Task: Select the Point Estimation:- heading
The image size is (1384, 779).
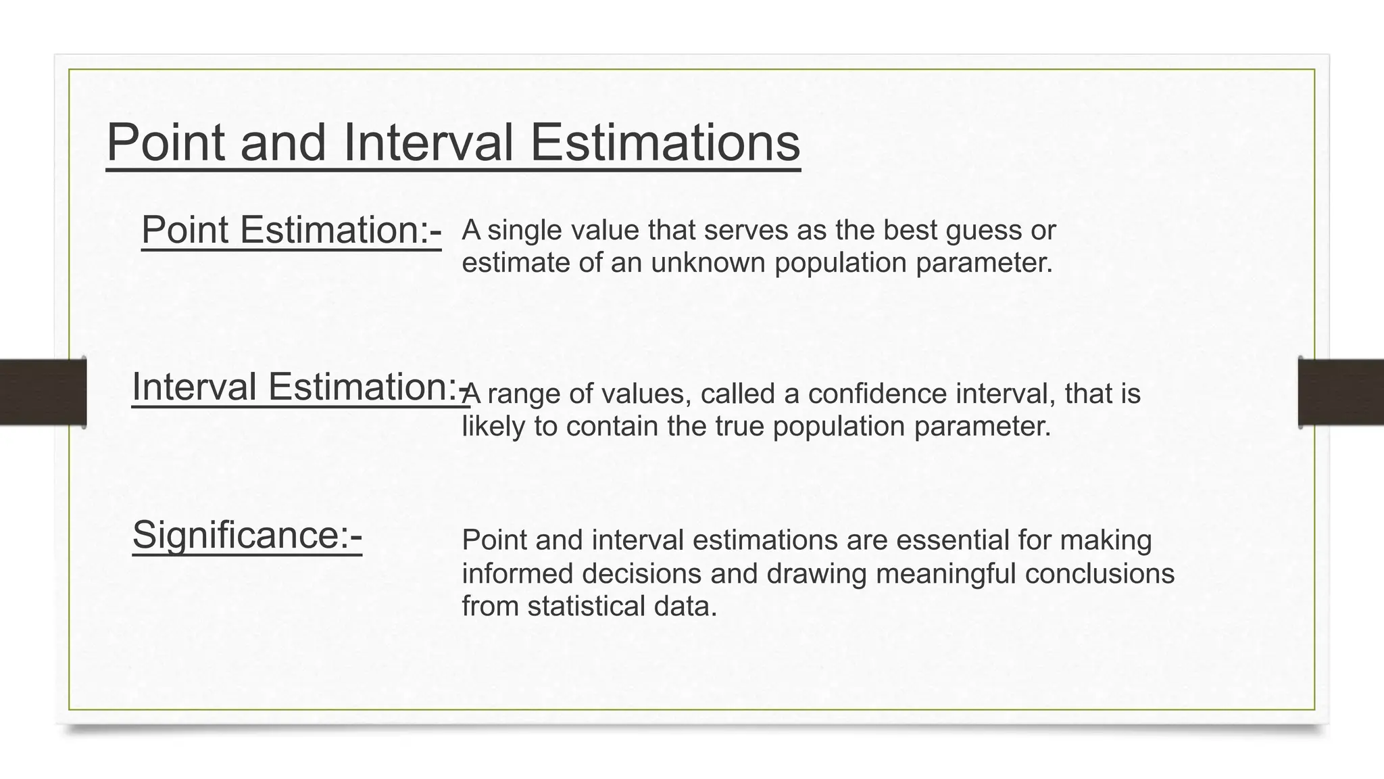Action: [x=291, y=230]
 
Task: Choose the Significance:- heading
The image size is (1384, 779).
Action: [x=247, y=535]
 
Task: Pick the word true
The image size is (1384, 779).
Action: [x=741, y=427]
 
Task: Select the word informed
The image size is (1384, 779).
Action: [x=517, y=573]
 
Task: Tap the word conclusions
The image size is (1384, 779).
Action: [x=1099, y=573]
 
